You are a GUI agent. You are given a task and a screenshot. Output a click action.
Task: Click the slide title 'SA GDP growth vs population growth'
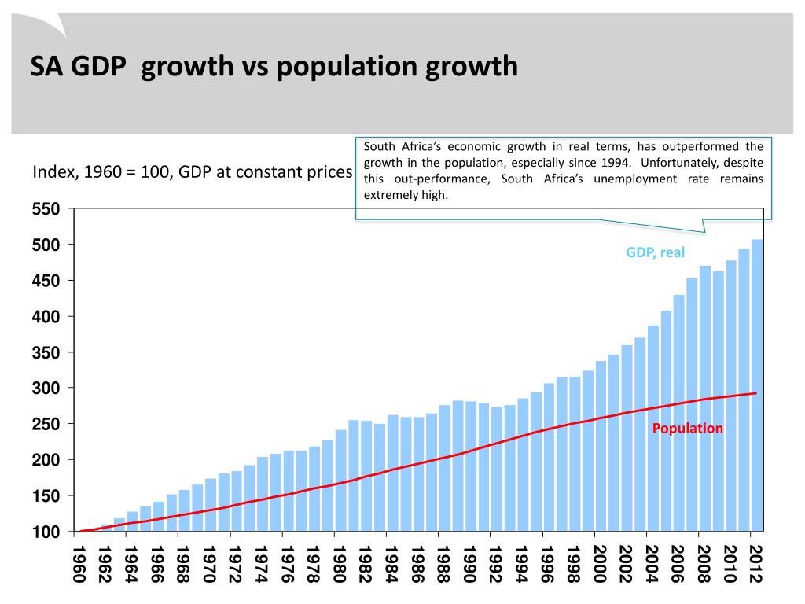274,66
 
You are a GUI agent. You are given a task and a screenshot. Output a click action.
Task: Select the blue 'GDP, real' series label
655,252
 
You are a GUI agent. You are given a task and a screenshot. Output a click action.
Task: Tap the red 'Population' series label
687,429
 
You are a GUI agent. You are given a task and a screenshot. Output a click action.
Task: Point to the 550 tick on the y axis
46,209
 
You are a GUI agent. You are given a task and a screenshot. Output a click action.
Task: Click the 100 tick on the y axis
46,532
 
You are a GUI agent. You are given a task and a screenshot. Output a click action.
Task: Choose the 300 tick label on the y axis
46,389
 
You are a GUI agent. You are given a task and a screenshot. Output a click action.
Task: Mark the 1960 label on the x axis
79,563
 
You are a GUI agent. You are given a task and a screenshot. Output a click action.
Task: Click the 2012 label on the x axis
755,563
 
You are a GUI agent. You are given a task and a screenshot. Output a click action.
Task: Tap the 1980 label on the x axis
340,563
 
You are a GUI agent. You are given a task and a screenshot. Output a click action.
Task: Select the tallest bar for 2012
756,385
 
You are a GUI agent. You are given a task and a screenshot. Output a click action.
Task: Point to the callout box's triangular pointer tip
704,232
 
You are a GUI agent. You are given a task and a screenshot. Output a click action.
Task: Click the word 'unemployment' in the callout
630,179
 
